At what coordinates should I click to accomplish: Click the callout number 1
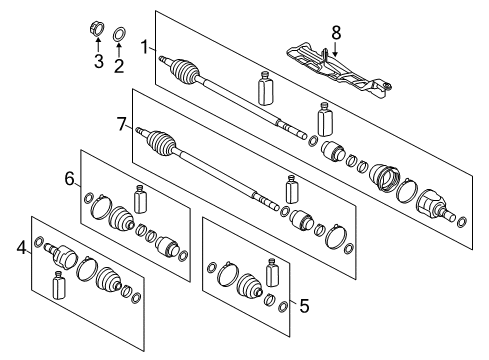(x=145, y=46)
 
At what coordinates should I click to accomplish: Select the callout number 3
(x=97, y=64)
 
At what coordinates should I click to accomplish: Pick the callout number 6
(x=70, y=178)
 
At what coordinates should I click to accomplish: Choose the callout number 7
(x=122, y=124)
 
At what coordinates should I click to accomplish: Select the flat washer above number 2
(x=118, y=33)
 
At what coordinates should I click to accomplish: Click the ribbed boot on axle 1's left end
(x=184, y=72)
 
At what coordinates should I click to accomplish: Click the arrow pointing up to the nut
(x=97, y=46)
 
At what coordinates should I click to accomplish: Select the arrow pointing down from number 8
(x=336, y=46)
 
